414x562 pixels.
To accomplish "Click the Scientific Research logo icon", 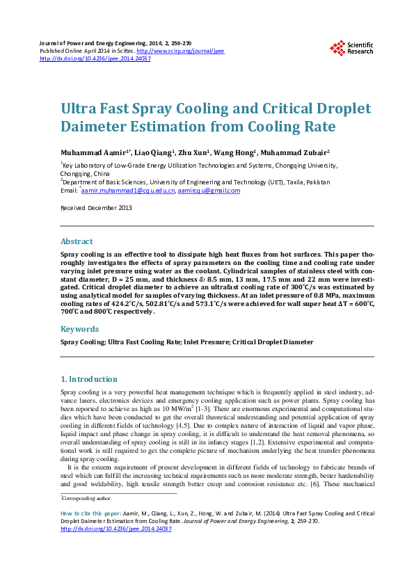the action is (x=338, y=47).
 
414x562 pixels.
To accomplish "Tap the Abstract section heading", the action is (x=77, y=241).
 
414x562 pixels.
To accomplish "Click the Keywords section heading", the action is (x=79, y=329).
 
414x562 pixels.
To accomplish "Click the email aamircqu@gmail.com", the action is (x=209, y=190).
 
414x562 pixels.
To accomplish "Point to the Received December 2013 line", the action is (x=96, y=207).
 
